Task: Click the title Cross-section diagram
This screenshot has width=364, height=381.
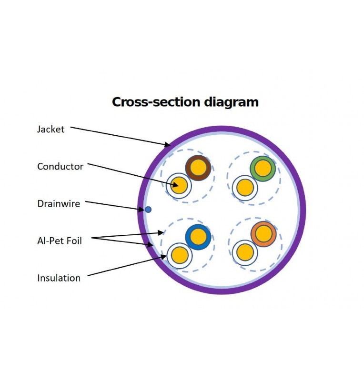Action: tap(185, 102)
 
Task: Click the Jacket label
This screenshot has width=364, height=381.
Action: tap(51, 129)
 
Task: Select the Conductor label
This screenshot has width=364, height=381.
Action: tap(60, 167)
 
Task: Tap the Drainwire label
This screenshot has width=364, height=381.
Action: tap(59, 204)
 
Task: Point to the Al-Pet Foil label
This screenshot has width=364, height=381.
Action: tap(60, 241)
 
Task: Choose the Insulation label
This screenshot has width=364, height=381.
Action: tap(59, 278)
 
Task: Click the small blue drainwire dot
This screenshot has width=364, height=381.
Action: tap(148, 209)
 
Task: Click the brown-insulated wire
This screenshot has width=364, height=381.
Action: tap(198, 168)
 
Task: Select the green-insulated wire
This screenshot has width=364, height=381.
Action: tap(263, 168)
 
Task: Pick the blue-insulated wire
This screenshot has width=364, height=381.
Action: tap(198, 237)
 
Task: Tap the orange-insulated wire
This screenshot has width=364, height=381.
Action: tap(263, 234)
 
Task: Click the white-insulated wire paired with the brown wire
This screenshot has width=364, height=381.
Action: tap(179, 185)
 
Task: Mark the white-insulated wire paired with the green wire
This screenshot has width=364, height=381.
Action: tap(245, 187)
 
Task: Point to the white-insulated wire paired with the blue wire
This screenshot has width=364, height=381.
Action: tap(179, 255)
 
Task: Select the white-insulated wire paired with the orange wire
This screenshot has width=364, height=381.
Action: tap(245, 252)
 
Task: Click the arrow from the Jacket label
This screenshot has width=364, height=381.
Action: tap(119, 136)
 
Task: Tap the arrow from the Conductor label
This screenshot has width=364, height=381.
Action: tap(133, 175)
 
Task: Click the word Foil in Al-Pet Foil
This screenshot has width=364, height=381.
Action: tap(72, 241)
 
